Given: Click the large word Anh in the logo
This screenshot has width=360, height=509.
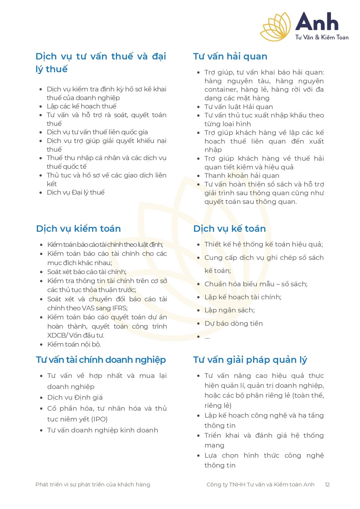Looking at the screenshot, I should [317, 22].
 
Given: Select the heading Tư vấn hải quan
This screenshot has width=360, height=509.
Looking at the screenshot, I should [230, 56].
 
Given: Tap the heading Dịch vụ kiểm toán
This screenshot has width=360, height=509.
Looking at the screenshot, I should [78, 229].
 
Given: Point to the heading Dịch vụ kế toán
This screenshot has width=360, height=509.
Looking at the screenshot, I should [229, 229].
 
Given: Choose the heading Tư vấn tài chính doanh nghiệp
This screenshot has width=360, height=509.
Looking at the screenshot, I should [101, 360].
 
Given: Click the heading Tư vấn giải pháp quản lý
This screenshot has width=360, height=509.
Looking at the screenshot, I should [250, 360].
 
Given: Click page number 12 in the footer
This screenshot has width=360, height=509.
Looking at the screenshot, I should [327, 485].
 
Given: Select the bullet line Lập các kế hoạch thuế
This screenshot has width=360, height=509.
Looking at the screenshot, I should [82, 106].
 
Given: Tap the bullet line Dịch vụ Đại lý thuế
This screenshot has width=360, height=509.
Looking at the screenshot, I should [76, 193].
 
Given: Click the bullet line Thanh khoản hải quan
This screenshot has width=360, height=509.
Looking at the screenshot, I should [242, 176].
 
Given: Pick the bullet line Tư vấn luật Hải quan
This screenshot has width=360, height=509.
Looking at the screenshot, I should [238, 107].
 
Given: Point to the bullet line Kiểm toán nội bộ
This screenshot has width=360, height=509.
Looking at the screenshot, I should [74, 345].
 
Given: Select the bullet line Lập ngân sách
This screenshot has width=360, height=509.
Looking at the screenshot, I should [229, 310].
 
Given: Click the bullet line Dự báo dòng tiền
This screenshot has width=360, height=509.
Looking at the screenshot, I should [234, 324].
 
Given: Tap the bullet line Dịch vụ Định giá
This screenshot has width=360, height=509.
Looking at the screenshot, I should [75, 398].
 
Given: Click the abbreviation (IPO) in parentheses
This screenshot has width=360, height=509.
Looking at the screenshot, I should [99, 419].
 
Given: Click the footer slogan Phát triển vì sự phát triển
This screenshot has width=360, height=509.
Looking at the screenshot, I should [93, 485].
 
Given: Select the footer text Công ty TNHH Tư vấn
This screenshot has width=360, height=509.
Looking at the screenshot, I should [260, 485].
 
